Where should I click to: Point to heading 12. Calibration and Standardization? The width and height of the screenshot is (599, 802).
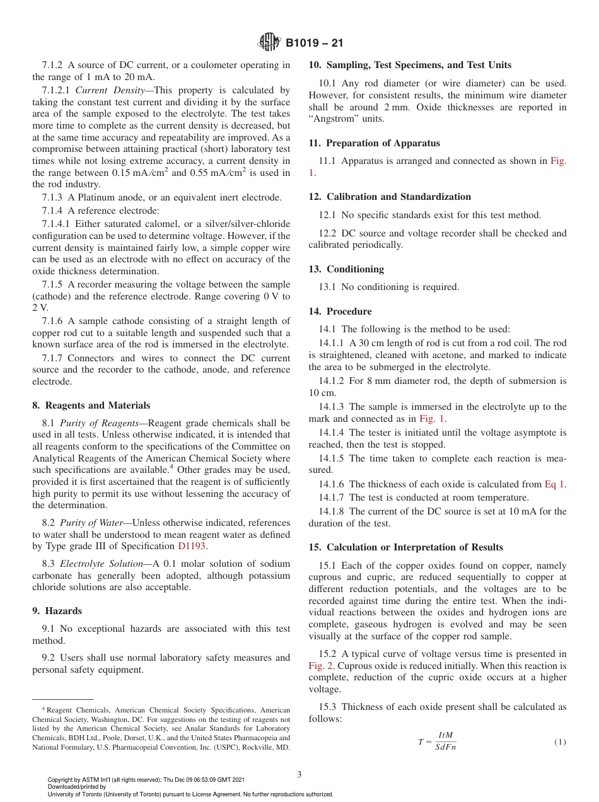click(x=390, y=197)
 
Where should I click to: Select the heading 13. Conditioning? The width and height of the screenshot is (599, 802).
click(x=346, y=269)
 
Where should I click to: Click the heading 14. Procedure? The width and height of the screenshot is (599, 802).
click(x=340, y=311)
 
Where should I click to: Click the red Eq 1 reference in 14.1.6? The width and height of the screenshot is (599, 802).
click(x=555, y=484)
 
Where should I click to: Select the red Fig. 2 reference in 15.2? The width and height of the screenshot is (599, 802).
click(x=321, y=666)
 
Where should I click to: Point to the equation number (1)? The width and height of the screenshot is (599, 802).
click(x=560, y=742)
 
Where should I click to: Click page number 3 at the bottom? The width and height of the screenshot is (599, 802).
click(x=299, y=774)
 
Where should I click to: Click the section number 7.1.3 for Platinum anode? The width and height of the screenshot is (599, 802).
click(x=52, y=197)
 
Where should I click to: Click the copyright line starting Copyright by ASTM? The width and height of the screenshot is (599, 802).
click(x=146, y=780)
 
